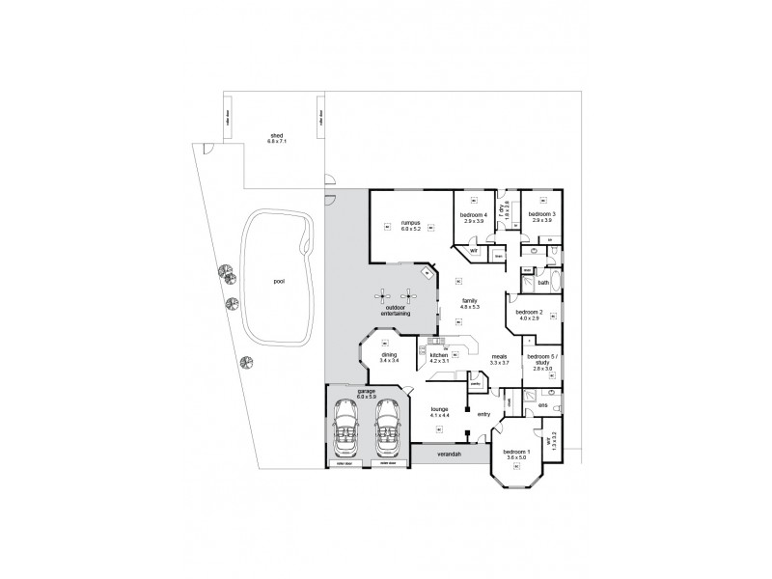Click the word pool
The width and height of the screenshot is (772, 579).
tap(279, 282)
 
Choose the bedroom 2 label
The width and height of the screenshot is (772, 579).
tap(529, 315)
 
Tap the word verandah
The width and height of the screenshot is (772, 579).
tap(448, 453)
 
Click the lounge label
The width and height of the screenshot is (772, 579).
tap(439, 411)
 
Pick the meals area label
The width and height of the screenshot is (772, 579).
tap(500, 358)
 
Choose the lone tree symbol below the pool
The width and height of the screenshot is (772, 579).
tap(245, 364)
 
